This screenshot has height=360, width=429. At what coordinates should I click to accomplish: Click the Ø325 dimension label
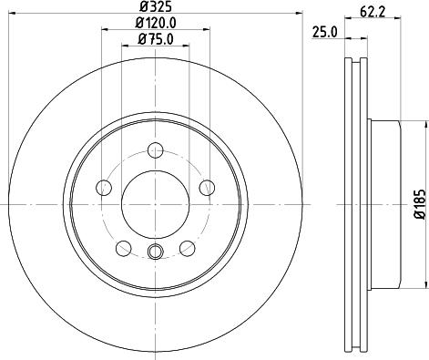(x=155, y=6)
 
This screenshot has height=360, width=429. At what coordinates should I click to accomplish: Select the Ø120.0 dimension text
(x=156, y=23)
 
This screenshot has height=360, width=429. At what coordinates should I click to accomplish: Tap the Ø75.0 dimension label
(x=156, y=39)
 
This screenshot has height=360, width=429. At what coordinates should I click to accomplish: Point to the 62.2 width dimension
(x=373, y=12)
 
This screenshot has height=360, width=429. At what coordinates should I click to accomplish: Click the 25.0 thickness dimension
(x=325, y=32)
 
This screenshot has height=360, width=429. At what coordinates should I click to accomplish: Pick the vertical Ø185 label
(x=422, y=204)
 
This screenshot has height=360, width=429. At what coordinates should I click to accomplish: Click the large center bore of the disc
(x=155, y=204)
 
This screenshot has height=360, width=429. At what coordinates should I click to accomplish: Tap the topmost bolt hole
(x=156, y=150)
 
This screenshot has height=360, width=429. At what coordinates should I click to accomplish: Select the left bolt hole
(x=104, y=188)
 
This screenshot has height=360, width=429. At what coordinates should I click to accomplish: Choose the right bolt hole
(x=207, y=188)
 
